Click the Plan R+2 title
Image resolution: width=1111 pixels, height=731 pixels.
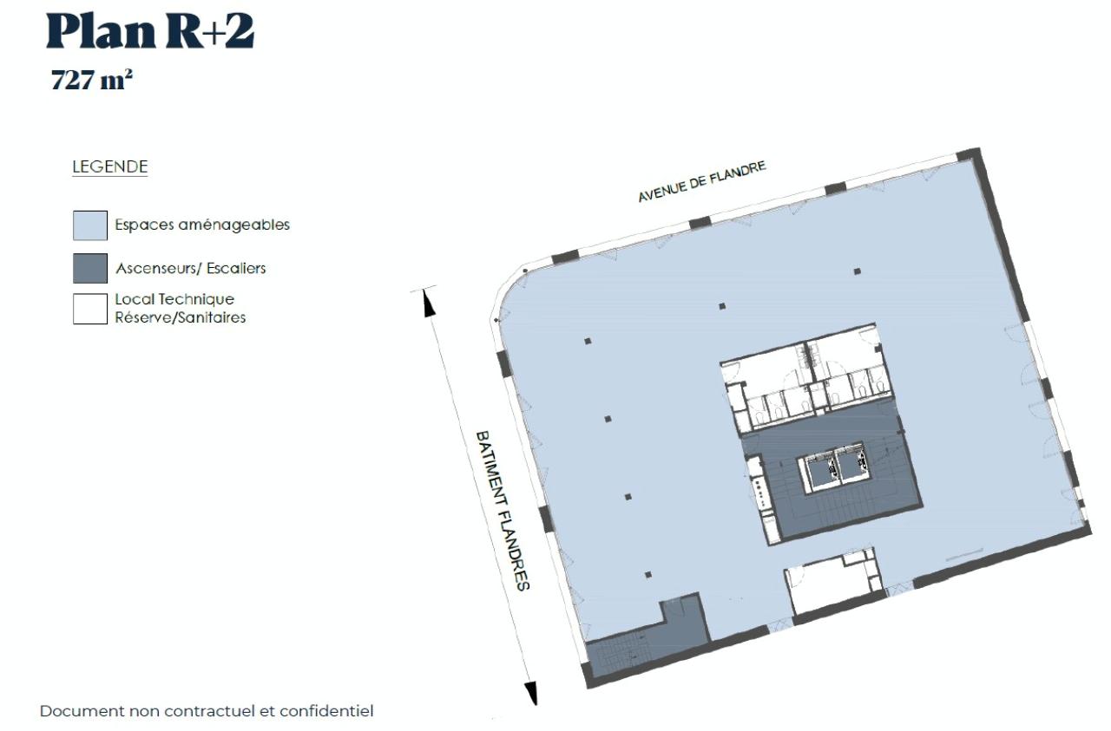tap(150, 32)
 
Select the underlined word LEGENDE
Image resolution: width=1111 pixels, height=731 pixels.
tap(109, 167)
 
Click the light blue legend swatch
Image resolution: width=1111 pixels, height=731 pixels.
tap(90, 225)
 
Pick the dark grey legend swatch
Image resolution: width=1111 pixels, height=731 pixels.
tap(90, 268)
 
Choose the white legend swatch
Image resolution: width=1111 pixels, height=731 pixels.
tap(90, 309)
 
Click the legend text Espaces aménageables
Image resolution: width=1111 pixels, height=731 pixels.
tap(202, 225)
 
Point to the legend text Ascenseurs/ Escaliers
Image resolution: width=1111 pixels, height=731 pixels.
tap(190, 268)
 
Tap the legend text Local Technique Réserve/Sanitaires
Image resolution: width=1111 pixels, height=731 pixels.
tap(181, 309)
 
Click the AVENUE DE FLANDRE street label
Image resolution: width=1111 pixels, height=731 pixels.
tap(702, 182)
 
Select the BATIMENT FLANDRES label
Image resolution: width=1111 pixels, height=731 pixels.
tap(503, 510)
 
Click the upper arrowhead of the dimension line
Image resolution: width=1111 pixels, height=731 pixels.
tap(427, 303)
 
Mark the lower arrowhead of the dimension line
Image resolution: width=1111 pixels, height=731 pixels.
tap(531, 693)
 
